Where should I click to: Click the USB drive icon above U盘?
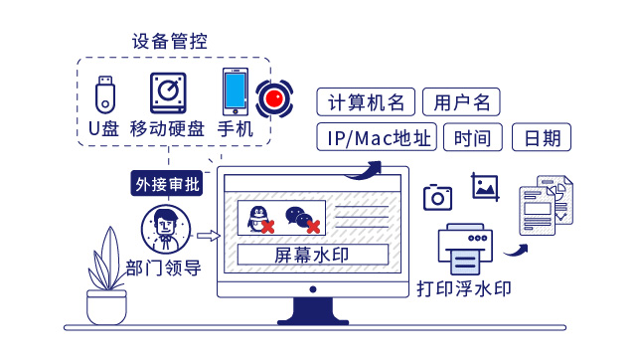pyautogui.click(x=103, y=93)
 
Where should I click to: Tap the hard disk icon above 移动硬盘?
pyautogui.click(x=170, y=93)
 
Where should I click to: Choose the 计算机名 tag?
pyautogui.click(x=366, y=102)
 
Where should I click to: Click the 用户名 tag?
pyautogui.click(x=461, y=102)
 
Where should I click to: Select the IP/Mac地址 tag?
pyautogui.click(x=378, y=137)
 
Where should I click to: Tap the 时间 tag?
pyautogui.click(x=473, y=137)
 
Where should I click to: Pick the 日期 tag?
pyautogui.click(x=543, y=137)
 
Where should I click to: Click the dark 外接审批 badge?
pyautogui.click(x=167, y=184)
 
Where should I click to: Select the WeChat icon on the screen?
pyautogui.click(x=299, y=218)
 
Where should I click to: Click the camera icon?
pyautogui.click(x=438, y=197)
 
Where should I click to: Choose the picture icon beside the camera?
pyautogui.click(x=485, y=186)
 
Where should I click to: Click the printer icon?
pyautogui.click(x=464, y=250)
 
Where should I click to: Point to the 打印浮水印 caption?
pyautogui.click(x=464, y=290)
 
